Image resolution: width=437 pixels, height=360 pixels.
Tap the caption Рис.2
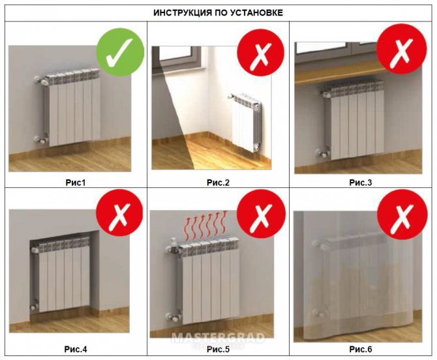click(x=218, y=182)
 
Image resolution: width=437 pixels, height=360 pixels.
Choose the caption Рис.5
click(x=218, y=350)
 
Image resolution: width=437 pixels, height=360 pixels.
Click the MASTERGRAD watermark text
click(x=218, y=338)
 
